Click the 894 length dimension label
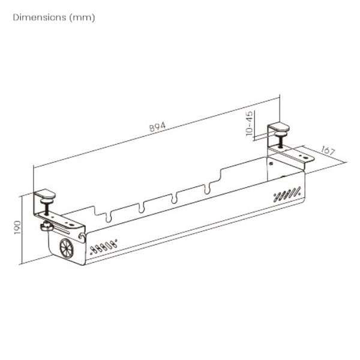tap(157, 127)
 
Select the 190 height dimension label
tap(18, 228)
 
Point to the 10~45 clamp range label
tap(250, 124)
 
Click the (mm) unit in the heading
tap(82, 17)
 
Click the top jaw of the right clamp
tap(278, 127)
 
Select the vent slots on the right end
tap(287, 194)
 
